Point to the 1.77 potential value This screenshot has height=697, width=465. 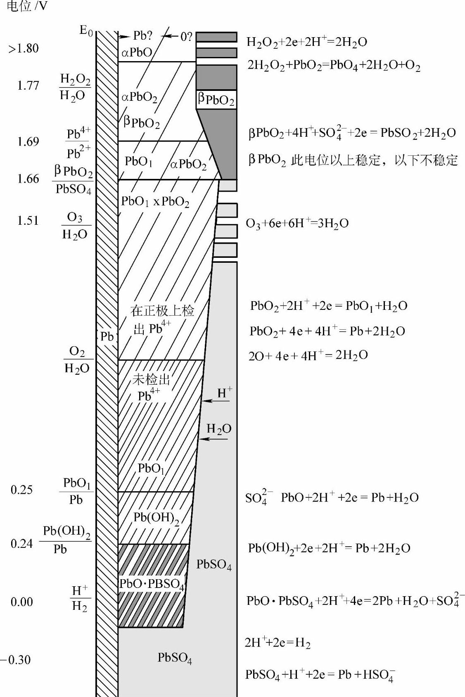[x=28, y=86]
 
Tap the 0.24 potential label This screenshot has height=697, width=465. [x=21, y=543]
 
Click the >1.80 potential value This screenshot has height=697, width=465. [x=24, y=48]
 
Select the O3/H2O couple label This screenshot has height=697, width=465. [x=75, y=226]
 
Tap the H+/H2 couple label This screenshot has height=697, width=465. [x=80, y=598]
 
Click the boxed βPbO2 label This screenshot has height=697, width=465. [x=216, y=100]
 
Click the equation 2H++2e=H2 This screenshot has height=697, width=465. [x=277, y=643]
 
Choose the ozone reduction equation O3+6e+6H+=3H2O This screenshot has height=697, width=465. [x=297, y=224]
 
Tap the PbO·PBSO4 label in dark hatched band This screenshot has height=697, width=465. [x=151, y=584]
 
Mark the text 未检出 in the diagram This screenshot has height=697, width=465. [x=151, y=379]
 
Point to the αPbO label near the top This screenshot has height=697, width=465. [x=137, y=52]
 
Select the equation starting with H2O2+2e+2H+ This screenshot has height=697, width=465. [x=306, y=42]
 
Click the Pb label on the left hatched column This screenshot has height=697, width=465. [x=107, y=336]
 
